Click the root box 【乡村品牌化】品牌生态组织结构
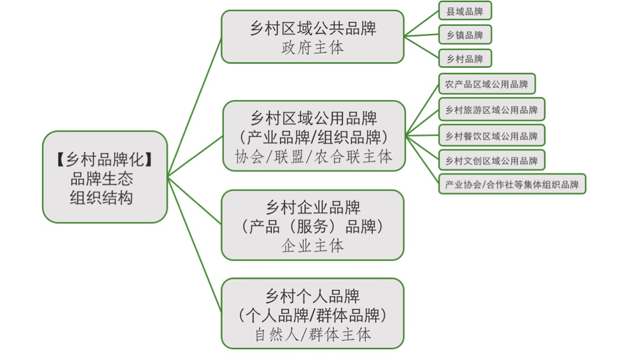click(105, 177)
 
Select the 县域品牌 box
click(465, 11)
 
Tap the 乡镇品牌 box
click(465, 35)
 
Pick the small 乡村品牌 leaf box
click(465, 59)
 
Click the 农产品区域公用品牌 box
click(486, 84)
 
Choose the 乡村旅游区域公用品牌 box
click(491, 109)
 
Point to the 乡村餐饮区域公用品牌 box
click(491, 135)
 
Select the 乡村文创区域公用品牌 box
click(491, 160)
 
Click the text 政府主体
click(313, 48)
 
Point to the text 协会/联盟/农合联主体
click(313, 157)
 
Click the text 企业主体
click(313, 245)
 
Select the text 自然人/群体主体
click(313, 334)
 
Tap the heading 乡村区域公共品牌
click(313, 29)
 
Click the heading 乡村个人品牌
click(313, 295)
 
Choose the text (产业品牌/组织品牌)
click(313, 137)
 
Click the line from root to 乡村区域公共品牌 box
click(195, 107)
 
